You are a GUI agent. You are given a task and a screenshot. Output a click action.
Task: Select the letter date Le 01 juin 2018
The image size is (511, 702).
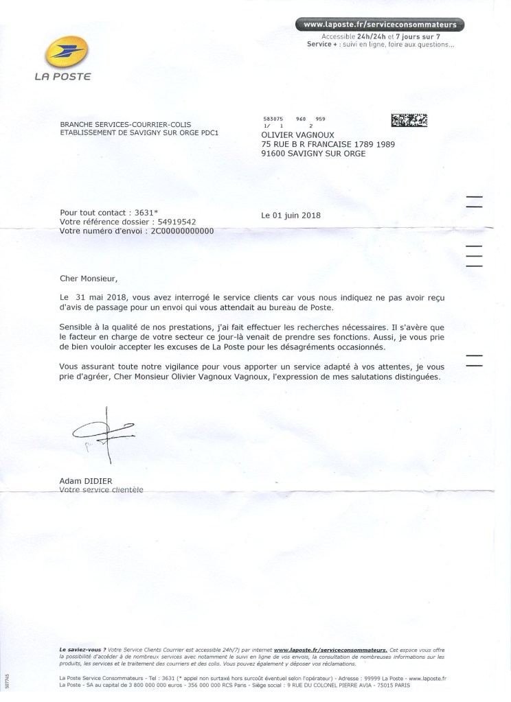click(291, 215)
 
